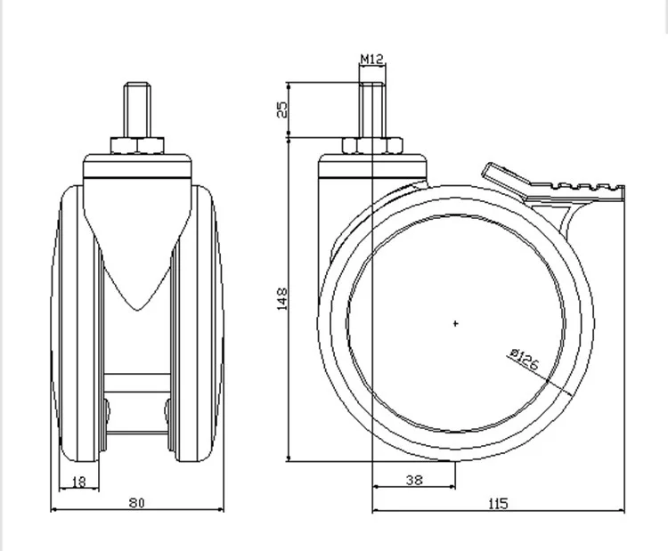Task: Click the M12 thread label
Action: [x=372, y=59]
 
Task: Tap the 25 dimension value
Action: [x=282, y=109]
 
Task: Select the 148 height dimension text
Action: [x=282, y=299]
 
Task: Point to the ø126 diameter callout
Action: [x=525, y=359]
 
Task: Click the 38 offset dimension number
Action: [x=414, y=481]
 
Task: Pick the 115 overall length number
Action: [x=498, y=504]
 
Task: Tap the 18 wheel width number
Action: [x=79, y=482]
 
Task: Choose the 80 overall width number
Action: [x=137, y=503]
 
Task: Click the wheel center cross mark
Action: [x=455, y=324]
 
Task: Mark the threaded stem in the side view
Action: [x=372, y=109]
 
